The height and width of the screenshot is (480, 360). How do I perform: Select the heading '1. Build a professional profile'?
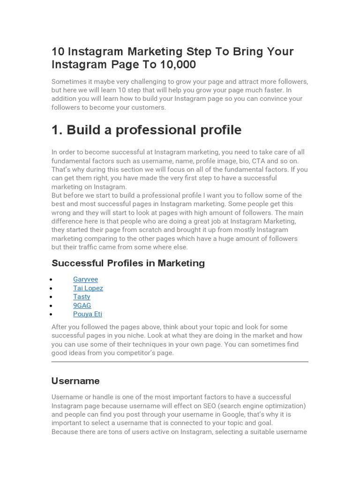tap(146, 130)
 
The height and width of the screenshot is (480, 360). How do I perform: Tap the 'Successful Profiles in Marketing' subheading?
tap(128, 263)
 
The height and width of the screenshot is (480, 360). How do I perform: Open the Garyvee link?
tap(85, 279)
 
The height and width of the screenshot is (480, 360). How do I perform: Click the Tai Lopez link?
tap(88, 288)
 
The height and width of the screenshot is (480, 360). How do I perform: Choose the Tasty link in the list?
tap(82, 297)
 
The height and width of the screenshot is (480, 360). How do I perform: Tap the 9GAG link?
tap(82, 305)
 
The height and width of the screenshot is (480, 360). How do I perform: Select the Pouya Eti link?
tap(87, 314)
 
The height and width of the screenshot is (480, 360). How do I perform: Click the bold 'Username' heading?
tap(75, 381)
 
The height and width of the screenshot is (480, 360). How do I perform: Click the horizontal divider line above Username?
tap(180, 362)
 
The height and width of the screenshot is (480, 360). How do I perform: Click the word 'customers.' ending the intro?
tap(149, 107)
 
